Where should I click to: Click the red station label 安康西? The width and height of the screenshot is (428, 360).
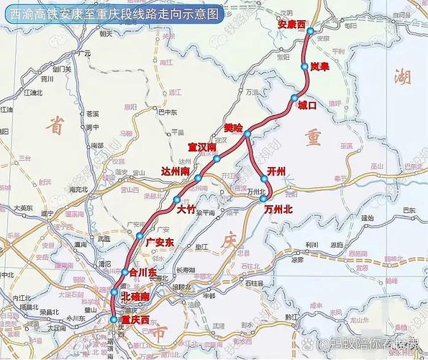tap(291, 24)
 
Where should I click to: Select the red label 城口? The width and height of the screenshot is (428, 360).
tap(307, 107)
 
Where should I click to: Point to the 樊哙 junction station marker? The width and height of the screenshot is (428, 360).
tap(247, 135)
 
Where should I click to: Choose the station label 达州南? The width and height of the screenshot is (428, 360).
tap(177, 172)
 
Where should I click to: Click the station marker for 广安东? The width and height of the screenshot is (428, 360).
tap(140, 235)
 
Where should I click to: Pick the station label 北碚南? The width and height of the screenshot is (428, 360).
tap(135, 296)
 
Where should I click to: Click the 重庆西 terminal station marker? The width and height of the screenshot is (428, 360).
tap(113, 319)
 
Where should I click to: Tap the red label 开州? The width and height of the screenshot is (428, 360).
tap(276, 170)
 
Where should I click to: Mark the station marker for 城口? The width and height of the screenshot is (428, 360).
tap(293, 98)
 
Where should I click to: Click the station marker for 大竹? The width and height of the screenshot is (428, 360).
tap(176, 199)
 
